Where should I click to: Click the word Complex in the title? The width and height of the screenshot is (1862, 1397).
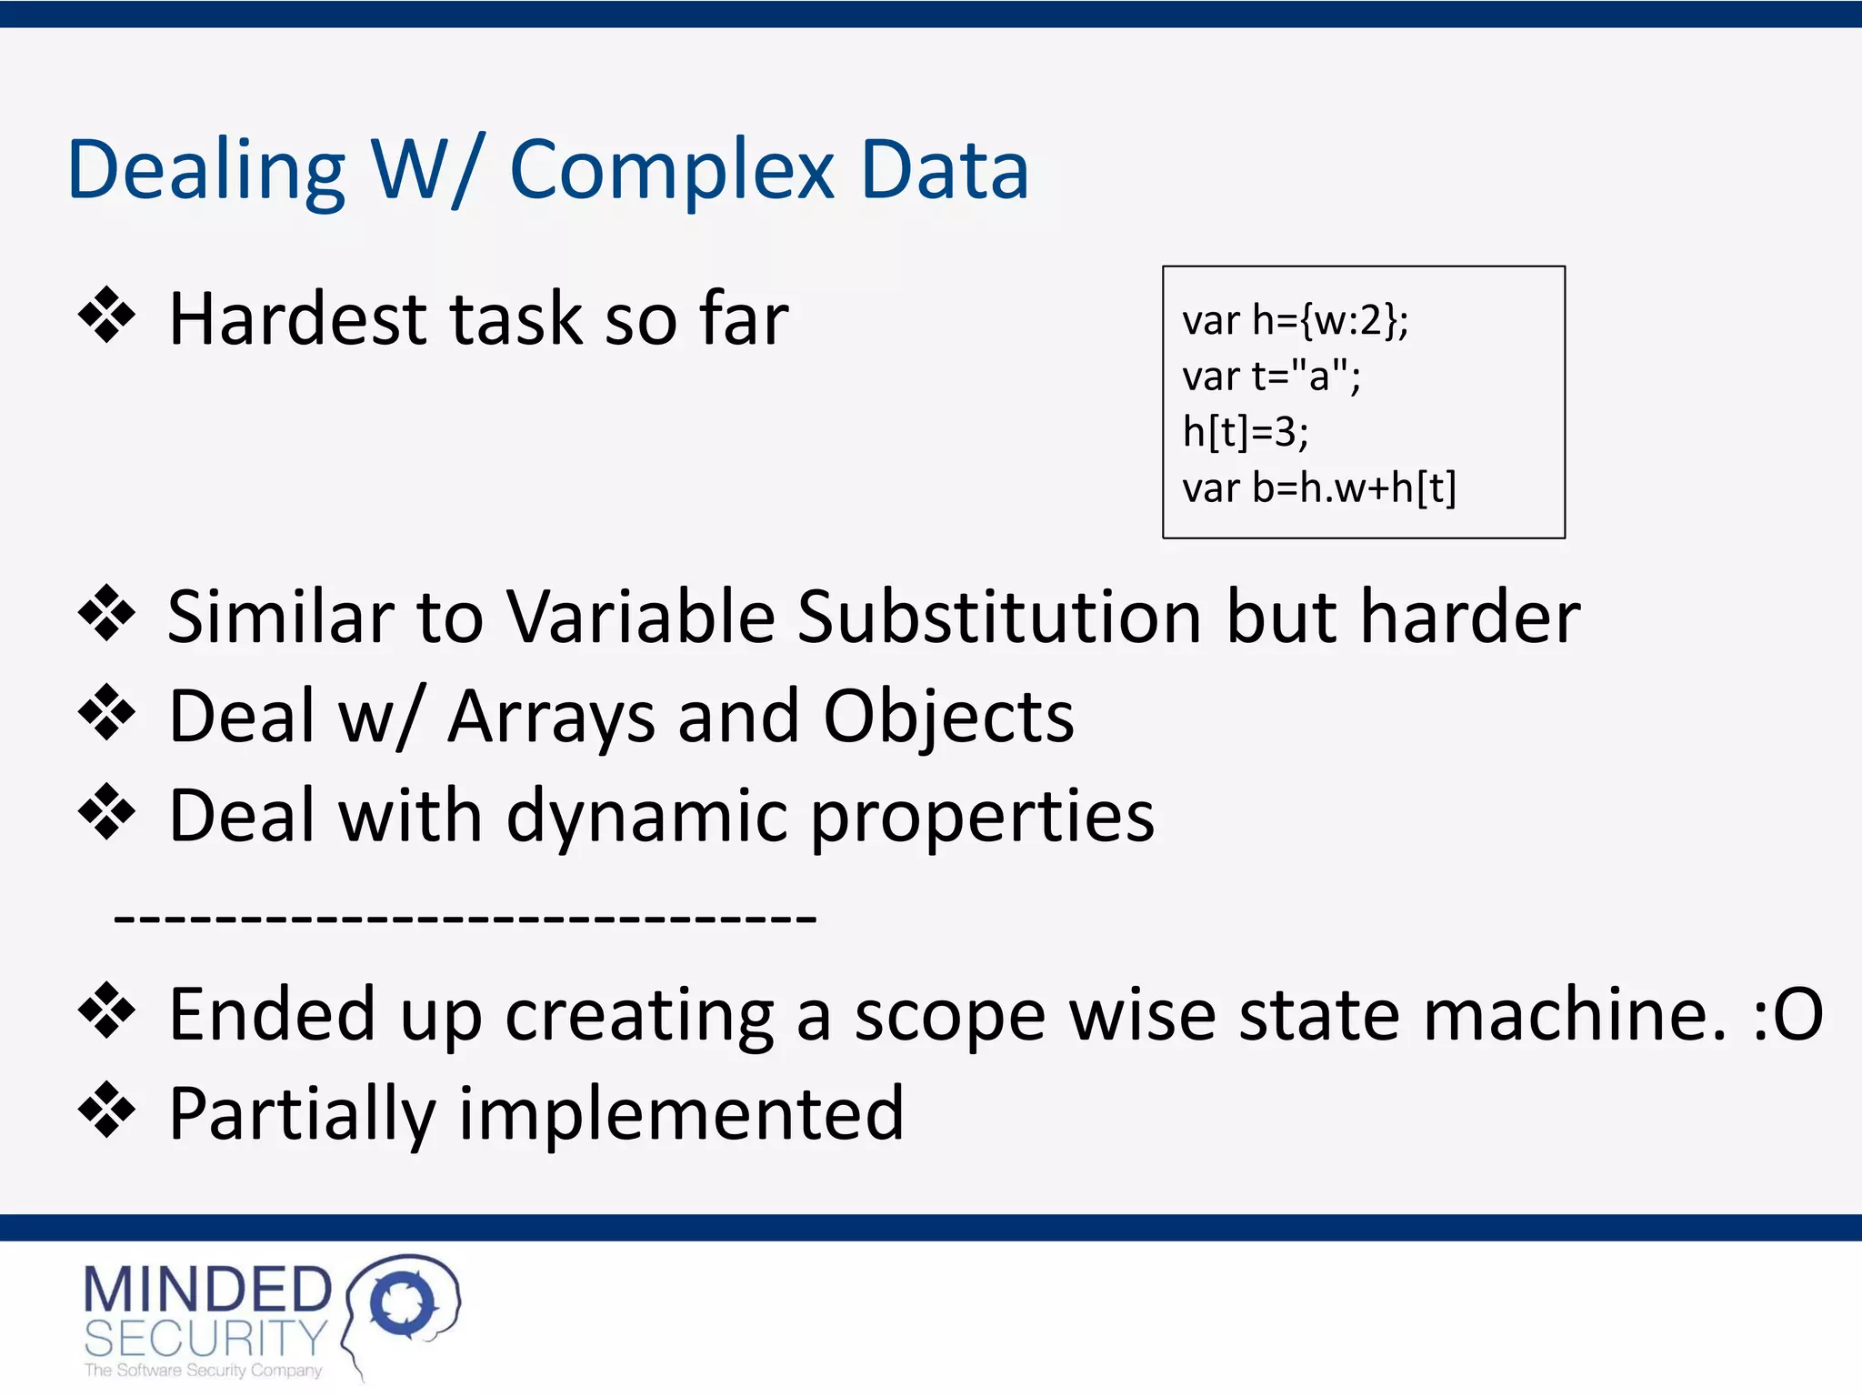(x=671, y=170)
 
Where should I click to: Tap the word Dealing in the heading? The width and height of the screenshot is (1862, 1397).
(x=205, y=170)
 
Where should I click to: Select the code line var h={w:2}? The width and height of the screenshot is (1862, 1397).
(x=1295, y=320)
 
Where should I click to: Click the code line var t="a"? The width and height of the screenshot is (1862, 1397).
(x=1271, y=376)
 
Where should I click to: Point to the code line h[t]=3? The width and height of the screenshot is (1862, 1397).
(x=1245, y=432)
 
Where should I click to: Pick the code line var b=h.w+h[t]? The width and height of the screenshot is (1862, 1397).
(x=1318, y=488)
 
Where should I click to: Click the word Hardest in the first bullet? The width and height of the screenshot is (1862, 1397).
(x=298, y=319)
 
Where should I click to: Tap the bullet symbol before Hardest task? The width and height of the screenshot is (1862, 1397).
(x=106, y=316)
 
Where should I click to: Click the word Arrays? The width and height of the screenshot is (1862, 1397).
(x=551, y=717)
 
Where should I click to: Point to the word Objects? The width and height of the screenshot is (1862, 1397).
(x=948, y=717)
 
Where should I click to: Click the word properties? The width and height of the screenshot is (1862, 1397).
(x=982, y=816)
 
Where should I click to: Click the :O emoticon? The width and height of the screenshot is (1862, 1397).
(x=1787, y=1014)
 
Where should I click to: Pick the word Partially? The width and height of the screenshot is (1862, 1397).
(x=303, y=1114)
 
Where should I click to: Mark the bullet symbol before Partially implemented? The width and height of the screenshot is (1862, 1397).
(x=106, y=1110)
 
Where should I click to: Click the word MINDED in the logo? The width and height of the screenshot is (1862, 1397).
(x=207, y=1290)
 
